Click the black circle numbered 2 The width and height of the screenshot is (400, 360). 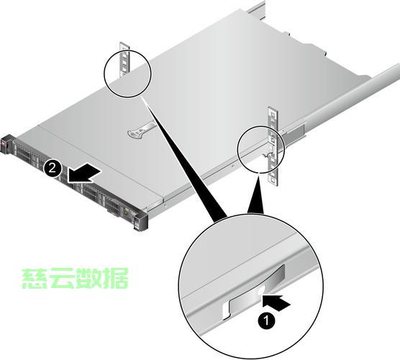point(53,168)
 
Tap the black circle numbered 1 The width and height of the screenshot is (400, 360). point(267,320)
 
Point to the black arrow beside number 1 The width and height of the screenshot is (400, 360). point(276,302)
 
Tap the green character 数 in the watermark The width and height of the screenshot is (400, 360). point(88,279)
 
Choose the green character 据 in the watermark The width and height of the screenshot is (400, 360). point(114,279)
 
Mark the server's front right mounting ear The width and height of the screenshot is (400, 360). point(140,221)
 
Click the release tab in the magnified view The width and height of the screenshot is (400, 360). point(253,292)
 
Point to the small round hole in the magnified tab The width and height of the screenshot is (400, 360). point(261,290)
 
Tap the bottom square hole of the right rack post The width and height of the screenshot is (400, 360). point(273,180)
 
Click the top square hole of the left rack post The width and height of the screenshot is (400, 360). point(124,48)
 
